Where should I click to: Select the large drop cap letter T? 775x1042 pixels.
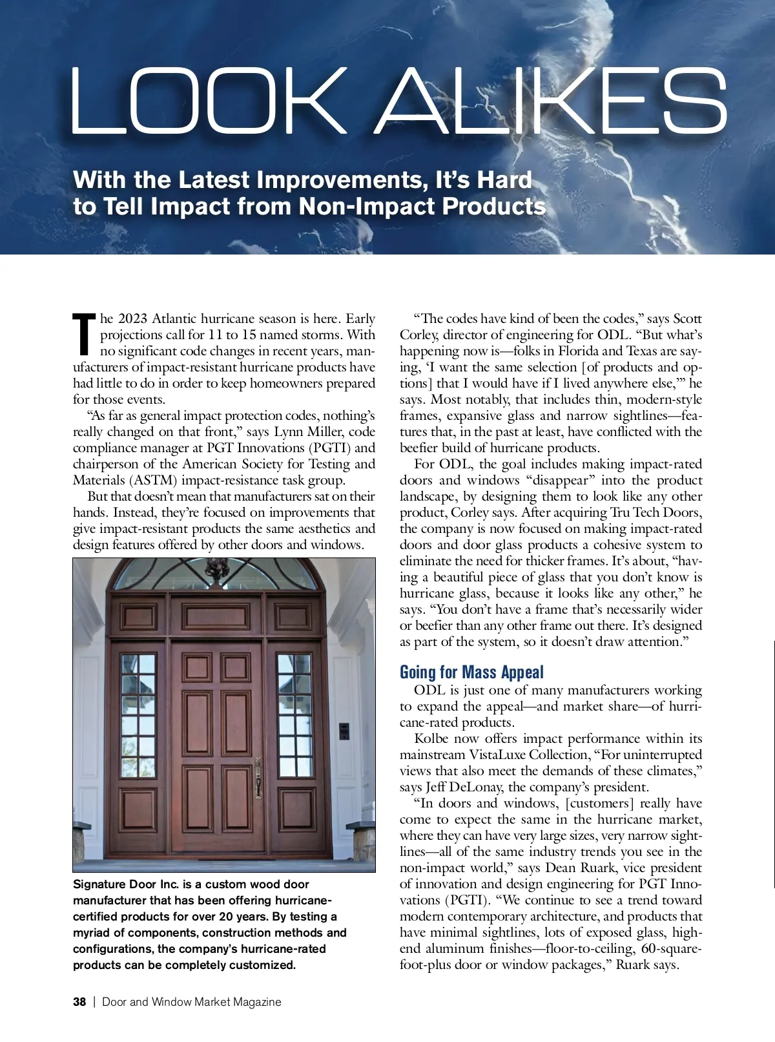(85, 335)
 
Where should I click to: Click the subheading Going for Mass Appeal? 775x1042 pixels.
(471, 672)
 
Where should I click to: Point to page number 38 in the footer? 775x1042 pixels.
(79, 1002)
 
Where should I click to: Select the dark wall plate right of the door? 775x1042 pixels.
(344, 731)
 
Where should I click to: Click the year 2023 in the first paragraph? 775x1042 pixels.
(132, 318)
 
